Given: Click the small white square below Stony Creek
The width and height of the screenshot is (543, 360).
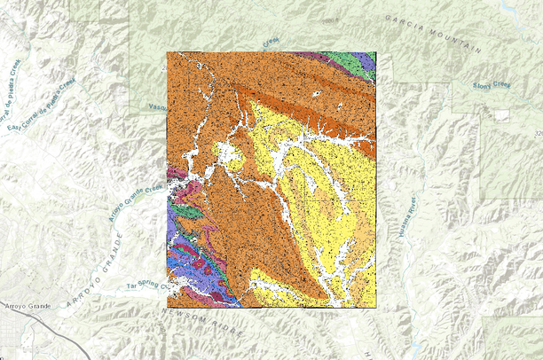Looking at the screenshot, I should tap(503, 114).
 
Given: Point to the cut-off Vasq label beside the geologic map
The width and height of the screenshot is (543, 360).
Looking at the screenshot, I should tap(157, 106).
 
